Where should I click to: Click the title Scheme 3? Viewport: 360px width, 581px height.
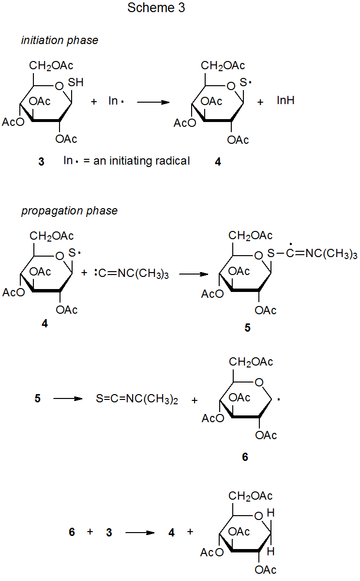click(156, 8)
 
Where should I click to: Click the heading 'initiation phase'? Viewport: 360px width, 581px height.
click(60, 41)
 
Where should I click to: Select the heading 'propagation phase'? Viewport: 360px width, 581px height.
click(69, 211)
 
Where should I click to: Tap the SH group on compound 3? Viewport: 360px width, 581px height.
click(75, 83)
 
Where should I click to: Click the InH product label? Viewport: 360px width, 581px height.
click(285, 101)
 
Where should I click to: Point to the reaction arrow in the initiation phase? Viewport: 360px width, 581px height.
click(153, 102)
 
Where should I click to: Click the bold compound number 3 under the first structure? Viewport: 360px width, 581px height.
click(41, 162)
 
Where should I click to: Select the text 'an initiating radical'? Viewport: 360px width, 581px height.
click(141, 161)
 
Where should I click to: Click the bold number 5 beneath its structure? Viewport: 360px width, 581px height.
click(247, 328)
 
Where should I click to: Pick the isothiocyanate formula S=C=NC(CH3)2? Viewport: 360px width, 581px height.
click(137, 400)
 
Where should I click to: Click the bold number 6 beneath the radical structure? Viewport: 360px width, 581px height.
click(245, 457)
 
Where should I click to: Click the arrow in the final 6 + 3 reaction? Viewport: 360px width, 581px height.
click(140, 533)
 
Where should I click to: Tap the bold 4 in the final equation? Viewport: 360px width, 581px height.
click(171, 533)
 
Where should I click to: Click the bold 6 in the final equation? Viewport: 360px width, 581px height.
click(72, 533)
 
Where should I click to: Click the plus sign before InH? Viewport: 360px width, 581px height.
click(260, 102)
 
